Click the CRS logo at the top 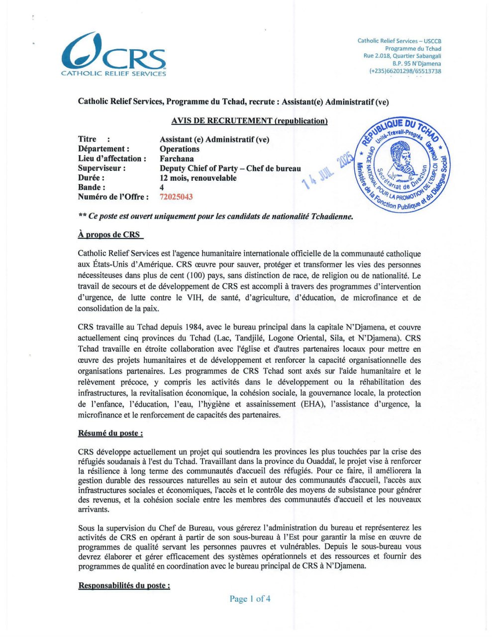tap(113, 55)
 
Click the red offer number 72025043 tap(176, 197)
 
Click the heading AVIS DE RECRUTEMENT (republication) tap(249, 121)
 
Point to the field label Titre tap(88, 139)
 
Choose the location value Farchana tap(177, 159)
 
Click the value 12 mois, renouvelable tap(198, 178)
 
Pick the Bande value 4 tap(162, 188)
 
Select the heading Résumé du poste tap(110, 433)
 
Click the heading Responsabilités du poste tap(124, 586)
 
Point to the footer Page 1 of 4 tap(250, 599)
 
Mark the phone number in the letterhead tap(405, 71)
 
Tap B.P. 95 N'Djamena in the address tap(416, 64)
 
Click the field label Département tap(103, 149)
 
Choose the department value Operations tap(180, 149)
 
